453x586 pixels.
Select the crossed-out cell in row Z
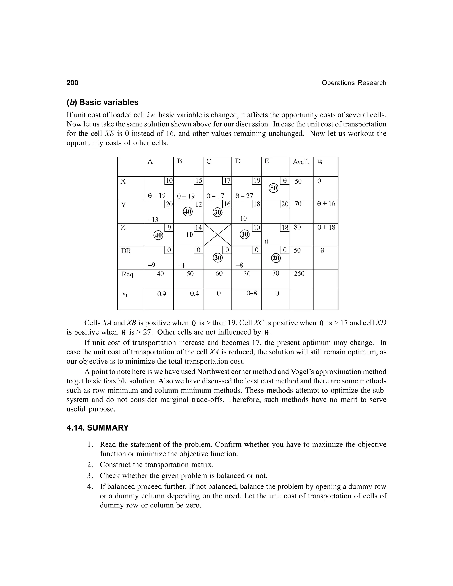(x=217, y=235)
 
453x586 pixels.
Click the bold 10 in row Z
(x=190, y=235)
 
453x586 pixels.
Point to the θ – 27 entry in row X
(x=244, y=196)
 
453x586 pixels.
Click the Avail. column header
(x=301, y=162)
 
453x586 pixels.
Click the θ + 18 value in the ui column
(x=326, y=227)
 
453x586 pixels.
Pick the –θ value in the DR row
(x=321, y=251)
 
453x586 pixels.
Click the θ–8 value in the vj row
(x=251, y=293)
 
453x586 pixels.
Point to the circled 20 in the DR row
(x=276, y=258)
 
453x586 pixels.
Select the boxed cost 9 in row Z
(x=169, y=228)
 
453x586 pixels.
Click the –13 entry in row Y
(x=153, y=220)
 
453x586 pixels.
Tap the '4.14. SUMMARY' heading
(x=98, y=428)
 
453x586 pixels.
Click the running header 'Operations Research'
(x=354, y=83)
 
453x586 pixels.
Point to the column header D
(x=238, y=161)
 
